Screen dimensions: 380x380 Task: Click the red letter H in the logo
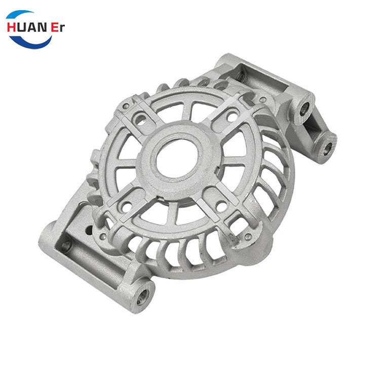pos(11,27)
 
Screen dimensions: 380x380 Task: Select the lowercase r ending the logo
pos(62,28)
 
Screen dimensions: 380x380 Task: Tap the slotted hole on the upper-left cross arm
pos(140,120)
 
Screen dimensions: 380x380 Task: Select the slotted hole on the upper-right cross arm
pos(232,117)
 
